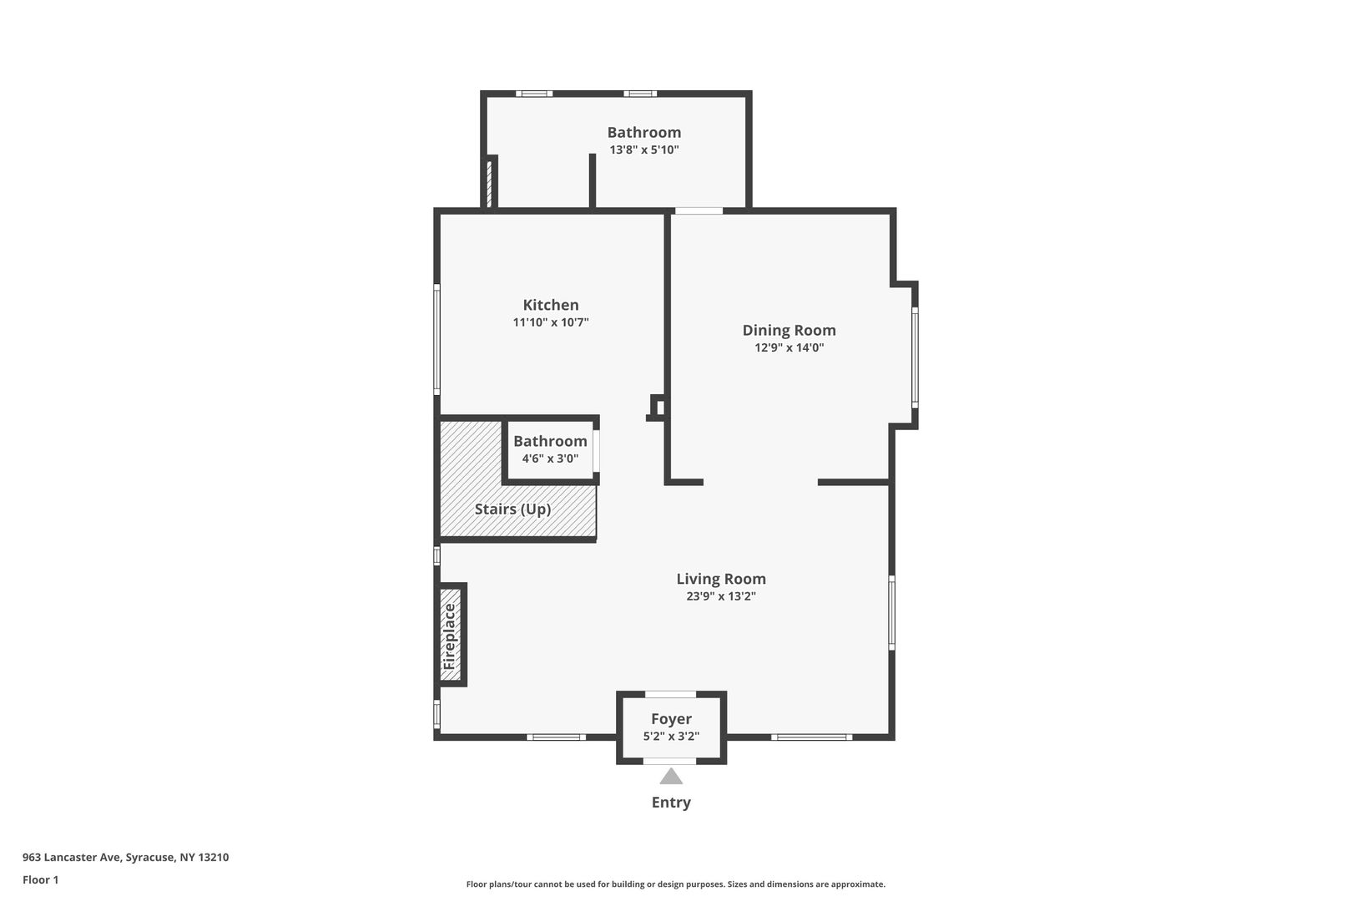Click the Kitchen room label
point(551,305)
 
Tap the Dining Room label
point(789,331)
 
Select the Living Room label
point(721,579)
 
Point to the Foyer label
point(671,719)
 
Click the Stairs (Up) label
point(512,509)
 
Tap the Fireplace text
point(449,636)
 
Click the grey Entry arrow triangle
point(670,777)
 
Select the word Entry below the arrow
point(670,803)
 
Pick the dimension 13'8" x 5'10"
point(644,149)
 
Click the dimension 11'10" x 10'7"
point(551,322)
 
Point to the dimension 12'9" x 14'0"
point(789,347)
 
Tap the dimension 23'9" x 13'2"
point(721,596)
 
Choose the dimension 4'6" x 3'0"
point(550,459)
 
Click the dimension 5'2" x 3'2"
point(671,737)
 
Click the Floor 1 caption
point(40,879)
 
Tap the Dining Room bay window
point(915,357)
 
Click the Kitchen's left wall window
point(437,340)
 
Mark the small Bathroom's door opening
point(597,450)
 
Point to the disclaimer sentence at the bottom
point(675,884)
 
